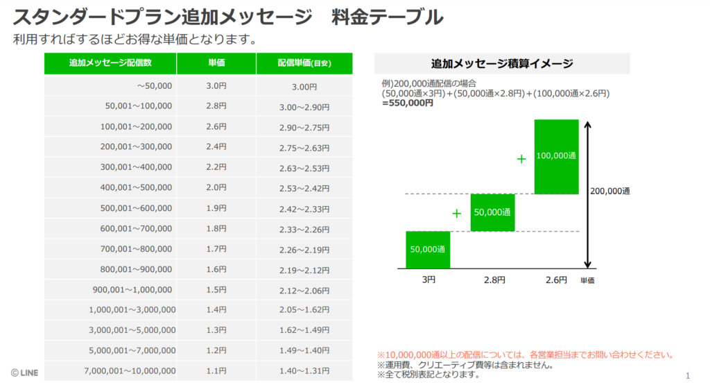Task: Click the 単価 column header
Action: [x=216, y=63]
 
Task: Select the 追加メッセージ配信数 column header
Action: [x=110, y=63]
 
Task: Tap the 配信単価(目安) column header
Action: [x=304, y=63]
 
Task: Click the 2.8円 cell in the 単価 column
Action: [x=216, y=106]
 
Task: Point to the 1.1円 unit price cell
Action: [x=216, y=371]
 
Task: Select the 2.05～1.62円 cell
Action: [x=304, y=309]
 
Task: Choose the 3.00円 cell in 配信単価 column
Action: [x=304, y=87]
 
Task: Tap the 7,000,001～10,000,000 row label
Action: [x=130, y=371]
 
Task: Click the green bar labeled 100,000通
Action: [x=556, y=157]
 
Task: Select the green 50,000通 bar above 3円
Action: [x=428, y=250]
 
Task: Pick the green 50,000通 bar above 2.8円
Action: [x=493, y=212]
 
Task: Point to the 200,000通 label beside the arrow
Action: [x=611, y=191]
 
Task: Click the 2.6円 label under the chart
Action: [x=556, y=280]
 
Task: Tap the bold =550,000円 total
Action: [x=408, y=103]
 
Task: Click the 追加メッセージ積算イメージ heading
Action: [x=502, y=64]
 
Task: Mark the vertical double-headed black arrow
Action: [x=588, y=194]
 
